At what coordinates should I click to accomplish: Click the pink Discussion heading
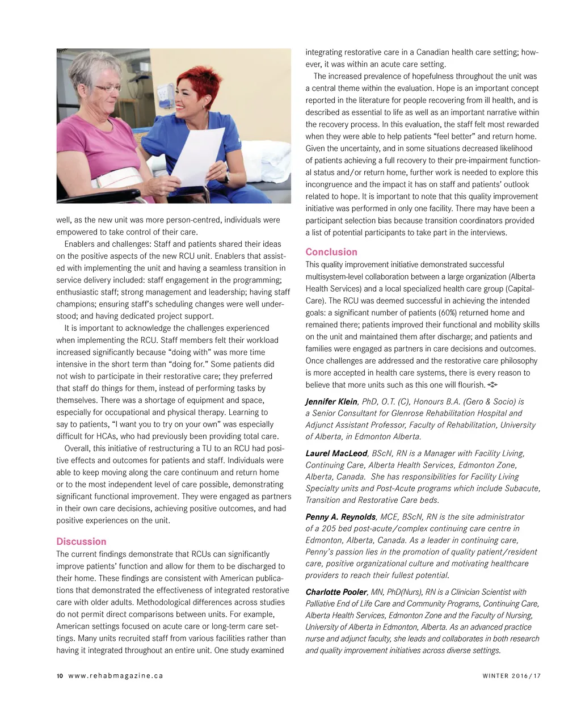(81, 541)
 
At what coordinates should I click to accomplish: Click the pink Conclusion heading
(331, 252)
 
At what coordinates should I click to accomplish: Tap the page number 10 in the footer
(60, 676)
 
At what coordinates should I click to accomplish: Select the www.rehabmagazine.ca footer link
(116, 676)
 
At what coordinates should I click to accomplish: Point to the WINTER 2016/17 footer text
(511, 676)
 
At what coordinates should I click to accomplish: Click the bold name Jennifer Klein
(331, 402)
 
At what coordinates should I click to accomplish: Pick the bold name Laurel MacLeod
(336, 453)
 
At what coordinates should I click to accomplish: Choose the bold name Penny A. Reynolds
(340, 517)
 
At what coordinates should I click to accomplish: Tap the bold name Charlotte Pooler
(336, 592)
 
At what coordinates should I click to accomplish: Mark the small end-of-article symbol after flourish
(492, 385)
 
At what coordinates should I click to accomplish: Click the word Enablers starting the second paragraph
(80, 244)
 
